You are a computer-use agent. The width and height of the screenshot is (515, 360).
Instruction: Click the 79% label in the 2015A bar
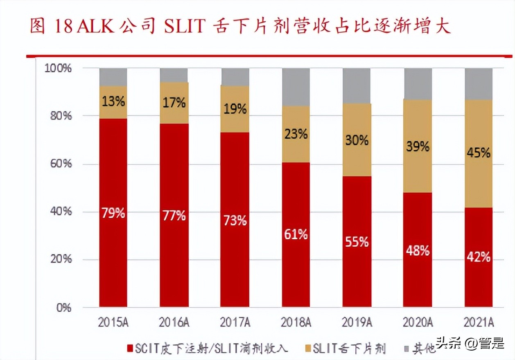(x=113, y=213)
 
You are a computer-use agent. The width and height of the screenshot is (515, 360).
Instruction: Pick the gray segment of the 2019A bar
(x=356, y=85)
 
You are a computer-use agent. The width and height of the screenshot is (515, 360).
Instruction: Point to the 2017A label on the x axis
(x=235, y=322)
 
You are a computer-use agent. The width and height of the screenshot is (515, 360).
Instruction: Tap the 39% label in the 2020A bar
(x=418, y=146)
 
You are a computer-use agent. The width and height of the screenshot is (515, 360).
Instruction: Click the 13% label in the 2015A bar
(x=113, y=101)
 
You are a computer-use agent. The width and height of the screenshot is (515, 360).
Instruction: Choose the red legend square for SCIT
(x=130, y=349)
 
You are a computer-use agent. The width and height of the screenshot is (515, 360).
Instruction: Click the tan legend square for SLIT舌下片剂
(x=308, y=349)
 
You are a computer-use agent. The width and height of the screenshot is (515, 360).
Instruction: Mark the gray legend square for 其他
(x=406, y=349)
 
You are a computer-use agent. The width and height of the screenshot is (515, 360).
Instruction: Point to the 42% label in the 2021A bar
(x=479, y=257)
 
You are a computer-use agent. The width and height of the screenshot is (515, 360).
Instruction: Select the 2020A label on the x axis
(x=418, y=322)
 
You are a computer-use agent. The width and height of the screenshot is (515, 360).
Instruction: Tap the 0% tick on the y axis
(x=64, y=308)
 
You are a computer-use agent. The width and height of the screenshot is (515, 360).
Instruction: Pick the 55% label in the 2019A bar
(x=357, y=242)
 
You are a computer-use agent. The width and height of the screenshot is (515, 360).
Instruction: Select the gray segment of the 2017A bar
(x=235, y=77)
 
